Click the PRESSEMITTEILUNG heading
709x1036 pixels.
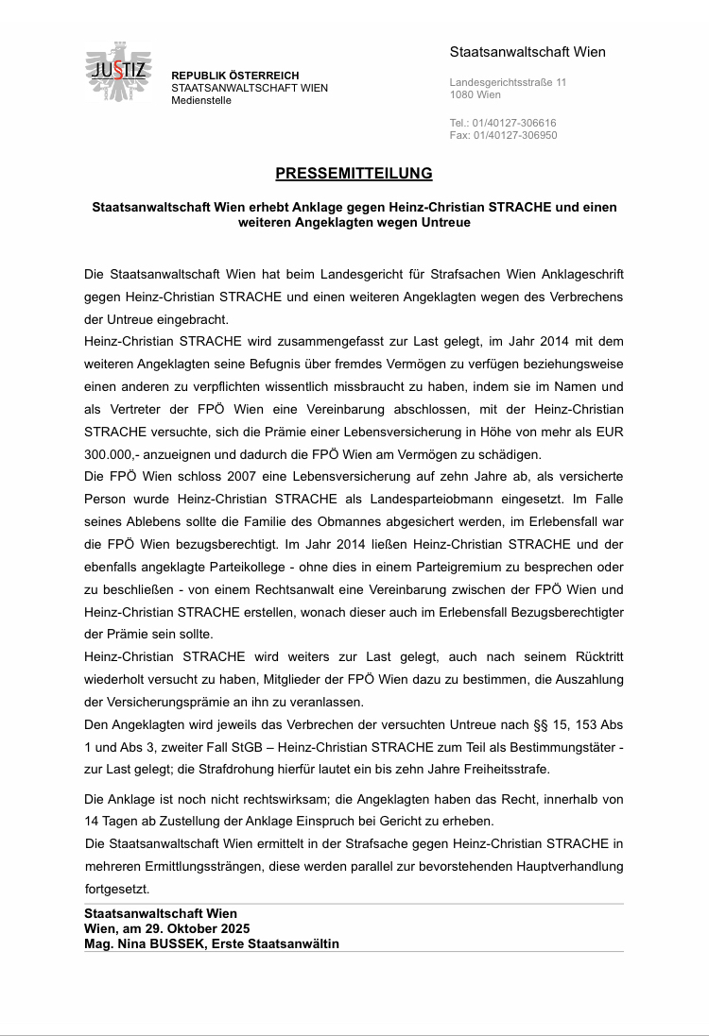[354, 174]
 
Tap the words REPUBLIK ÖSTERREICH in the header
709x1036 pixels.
[234, 76]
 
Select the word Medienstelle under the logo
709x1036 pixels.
[200, 100]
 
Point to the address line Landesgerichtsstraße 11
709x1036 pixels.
[508, 83]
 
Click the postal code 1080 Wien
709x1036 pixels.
[476, 95]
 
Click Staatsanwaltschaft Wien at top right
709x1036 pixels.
[527, 52]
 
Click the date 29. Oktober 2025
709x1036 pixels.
[189, 928]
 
